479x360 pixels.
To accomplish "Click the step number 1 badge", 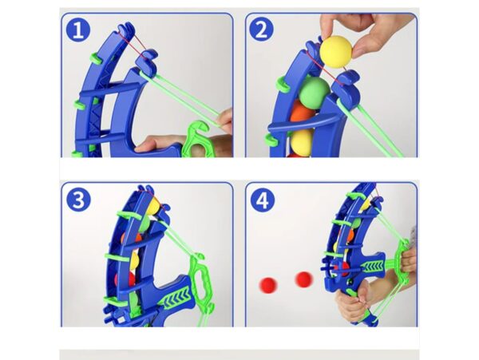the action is (78, 30).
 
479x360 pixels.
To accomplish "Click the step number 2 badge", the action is (261, 30).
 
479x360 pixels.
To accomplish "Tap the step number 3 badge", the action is (78, 200).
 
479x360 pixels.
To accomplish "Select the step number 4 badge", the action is (263, 200).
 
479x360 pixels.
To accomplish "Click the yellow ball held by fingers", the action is (336, 51).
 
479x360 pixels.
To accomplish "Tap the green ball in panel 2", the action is (314, 91).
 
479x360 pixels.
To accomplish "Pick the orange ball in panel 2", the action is (302, 113).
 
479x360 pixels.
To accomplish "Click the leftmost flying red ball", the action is (268, 285).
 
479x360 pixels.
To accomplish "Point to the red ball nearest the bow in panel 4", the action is (304, 279).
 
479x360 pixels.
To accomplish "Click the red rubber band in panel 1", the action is (133, 42).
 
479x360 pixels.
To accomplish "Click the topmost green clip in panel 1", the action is (95, 58).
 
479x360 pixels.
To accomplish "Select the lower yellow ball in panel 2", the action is (302, 140).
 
